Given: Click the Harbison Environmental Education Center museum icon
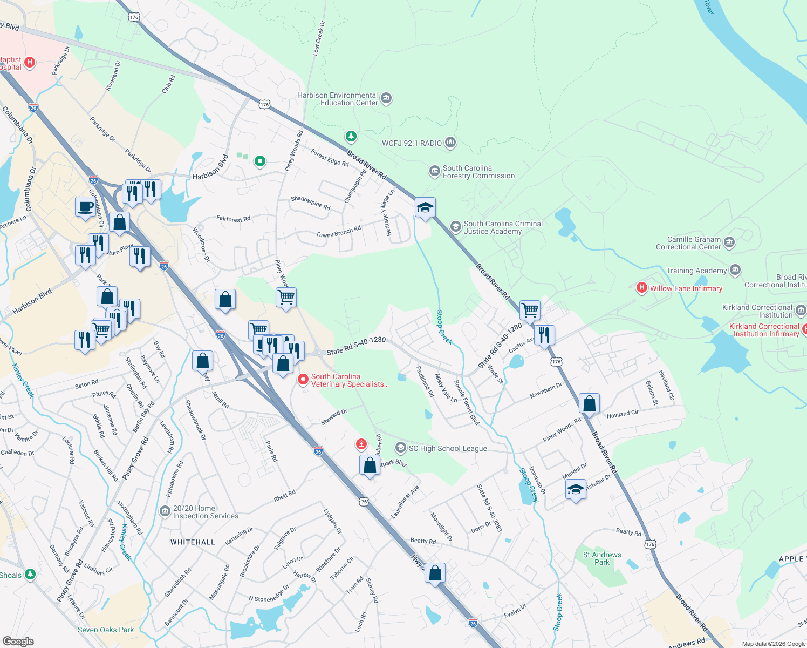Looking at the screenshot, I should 386,98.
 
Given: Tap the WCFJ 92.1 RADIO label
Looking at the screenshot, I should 412,143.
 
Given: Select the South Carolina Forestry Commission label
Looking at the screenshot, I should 478,172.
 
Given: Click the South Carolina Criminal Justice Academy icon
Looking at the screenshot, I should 455,227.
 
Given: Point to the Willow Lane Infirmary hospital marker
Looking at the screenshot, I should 641,288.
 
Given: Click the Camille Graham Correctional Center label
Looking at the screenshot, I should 688,243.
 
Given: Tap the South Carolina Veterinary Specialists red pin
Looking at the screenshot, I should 303,380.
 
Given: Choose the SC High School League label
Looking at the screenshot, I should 448,448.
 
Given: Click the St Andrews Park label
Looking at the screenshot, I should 602,558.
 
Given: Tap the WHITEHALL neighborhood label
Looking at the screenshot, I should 193,542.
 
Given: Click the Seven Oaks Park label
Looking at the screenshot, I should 106,630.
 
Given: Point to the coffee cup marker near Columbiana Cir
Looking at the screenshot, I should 85,207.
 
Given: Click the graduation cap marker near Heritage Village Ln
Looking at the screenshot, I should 425,207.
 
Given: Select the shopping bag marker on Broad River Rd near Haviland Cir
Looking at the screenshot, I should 590,403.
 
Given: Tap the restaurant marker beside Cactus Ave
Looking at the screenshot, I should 544,335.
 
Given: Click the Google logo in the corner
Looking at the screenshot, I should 18,641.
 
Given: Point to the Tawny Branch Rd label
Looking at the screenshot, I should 338,232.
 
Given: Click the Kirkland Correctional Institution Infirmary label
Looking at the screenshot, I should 764,330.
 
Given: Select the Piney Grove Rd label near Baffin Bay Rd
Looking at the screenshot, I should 135,458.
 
